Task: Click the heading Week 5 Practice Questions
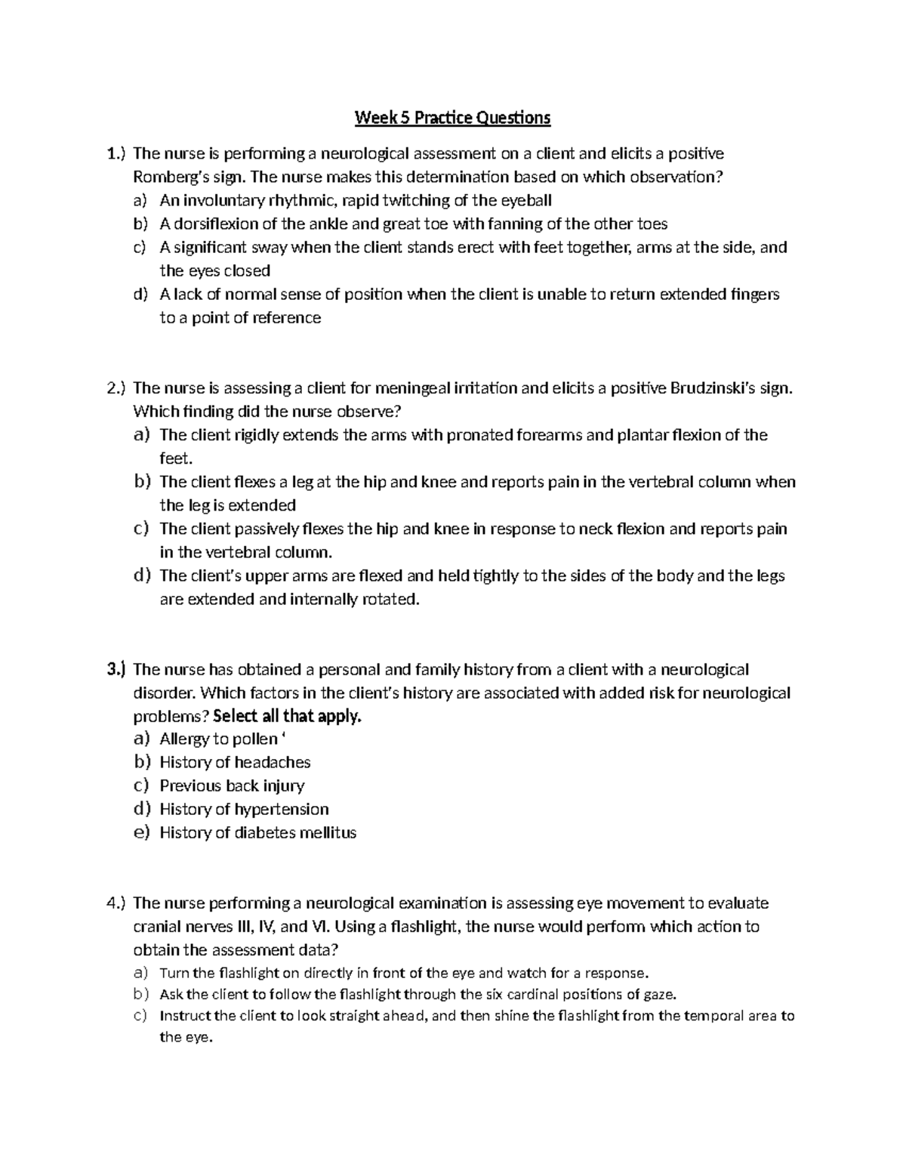pos(453,118)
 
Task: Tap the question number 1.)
pos(115,154)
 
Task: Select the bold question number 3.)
pos(116,669)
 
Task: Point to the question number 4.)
pos(116,903)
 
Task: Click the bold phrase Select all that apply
pos(288,716)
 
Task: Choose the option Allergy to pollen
pos(218,739)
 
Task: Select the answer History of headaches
pos(235,763)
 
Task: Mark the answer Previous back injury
pos(232,786)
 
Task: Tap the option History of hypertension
pos(244,810)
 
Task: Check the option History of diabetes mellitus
pos(257,833)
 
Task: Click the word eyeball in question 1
pos(525,201)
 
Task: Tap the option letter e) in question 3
pos(141,833)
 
